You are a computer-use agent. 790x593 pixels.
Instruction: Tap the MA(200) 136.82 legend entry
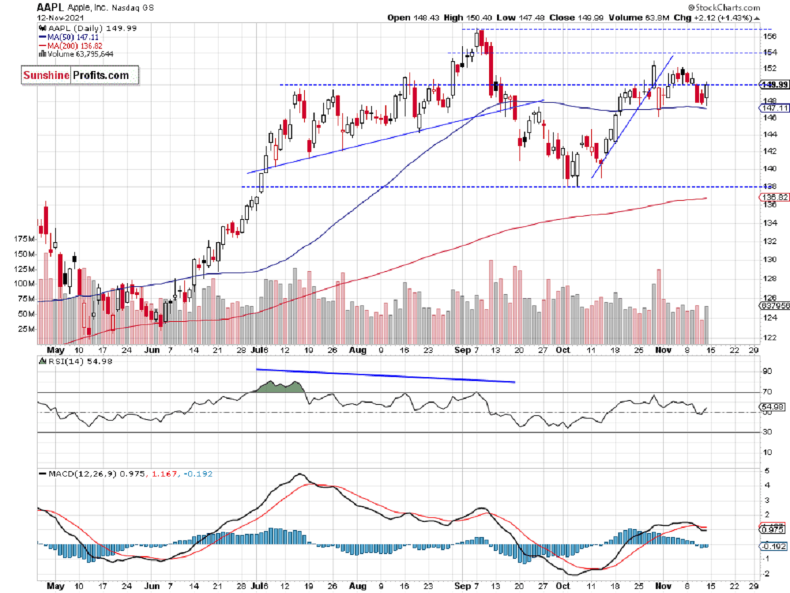66,46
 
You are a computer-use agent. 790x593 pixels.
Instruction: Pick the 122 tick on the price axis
768,337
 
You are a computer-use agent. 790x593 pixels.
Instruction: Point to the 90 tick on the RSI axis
766,372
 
